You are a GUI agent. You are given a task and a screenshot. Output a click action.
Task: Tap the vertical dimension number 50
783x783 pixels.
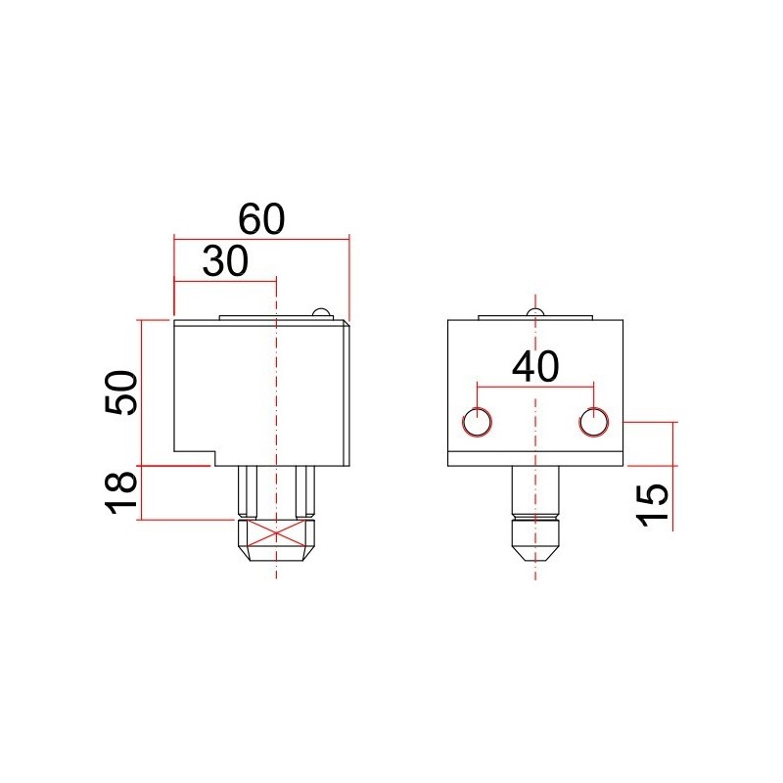(120, 392)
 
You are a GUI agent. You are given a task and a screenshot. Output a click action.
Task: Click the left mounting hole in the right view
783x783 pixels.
(478, 422)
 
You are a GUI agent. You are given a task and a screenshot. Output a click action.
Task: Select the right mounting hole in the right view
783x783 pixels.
(593, 422)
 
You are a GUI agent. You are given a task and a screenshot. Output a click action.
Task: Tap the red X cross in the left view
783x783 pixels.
(278, 531)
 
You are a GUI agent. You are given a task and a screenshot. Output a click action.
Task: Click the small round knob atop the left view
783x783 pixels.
(320, 312)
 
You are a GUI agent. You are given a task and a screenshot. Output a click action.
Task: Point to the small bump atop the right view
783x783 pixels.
(533, 312)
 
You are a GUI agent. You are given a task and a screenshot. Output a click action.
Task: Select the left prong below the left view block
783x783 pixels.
(249, 491)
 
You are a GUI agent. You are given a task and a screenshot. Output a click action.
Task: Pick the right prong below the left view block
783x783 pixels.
(306, 491)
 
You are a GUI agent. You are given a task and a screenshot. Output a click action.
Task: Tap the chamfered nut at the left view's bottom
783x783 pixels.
(278, 539)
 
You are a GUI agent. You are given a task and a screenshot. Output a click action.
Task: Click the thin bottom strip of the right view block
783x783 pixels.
(534, 460)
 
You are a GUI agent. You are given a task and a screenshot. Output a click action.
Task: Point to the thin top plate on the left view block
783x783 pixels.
(264, 317)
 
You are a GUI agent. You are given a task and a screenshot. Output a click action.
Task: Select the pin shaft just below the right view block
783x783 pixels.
(534, 489)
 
